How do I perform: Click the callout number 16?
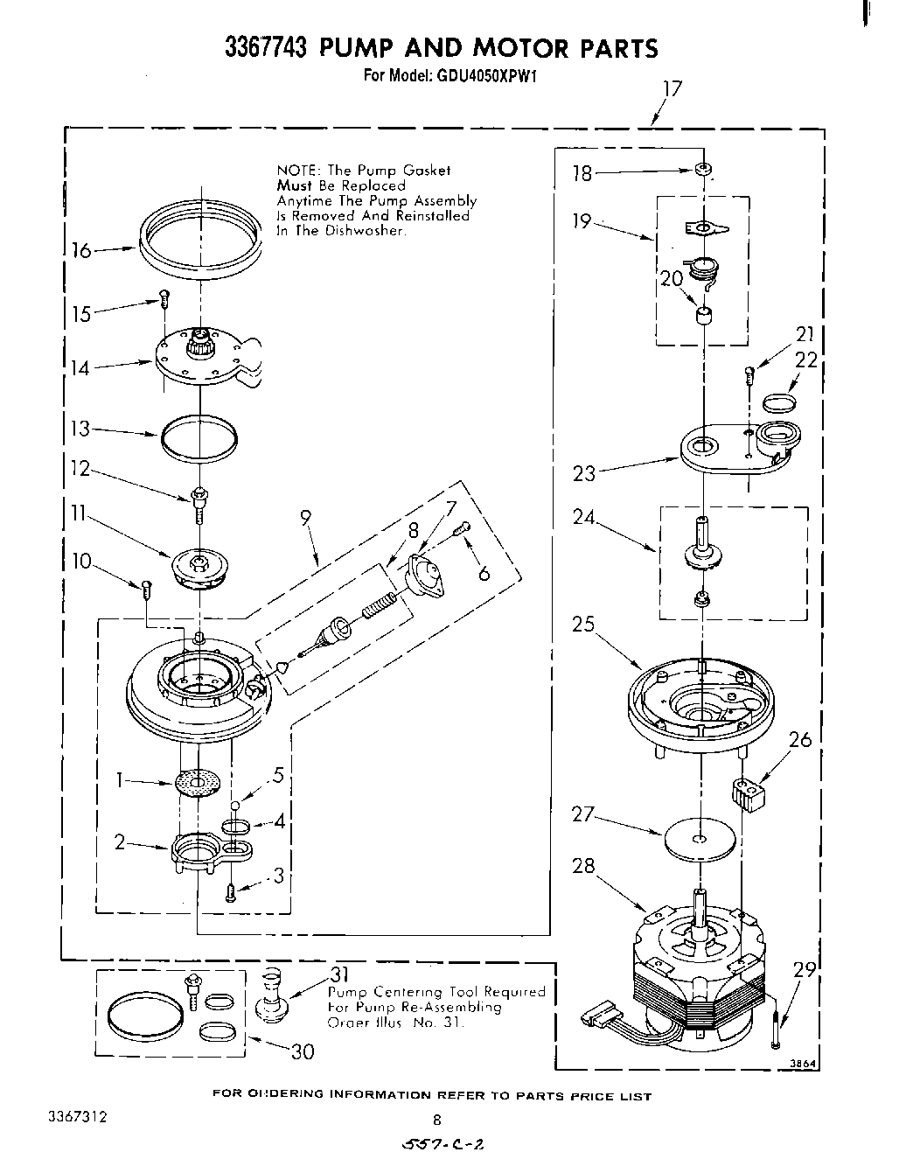pos(80,251)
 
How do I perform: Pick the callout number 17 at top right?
pos(672,88)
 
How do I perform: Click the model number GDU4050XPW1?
pos(484,75)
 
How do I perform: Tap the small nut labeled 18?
pos(702,169)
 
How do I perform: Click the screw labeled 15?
pos(164,299)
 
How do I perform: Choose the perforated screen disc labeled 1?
pos(198,783)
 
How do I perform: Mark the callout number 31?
pos(339,975)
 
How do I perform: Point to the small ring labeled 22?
pos(780,402)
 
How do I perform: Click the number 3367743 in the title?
pos(266,47)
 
